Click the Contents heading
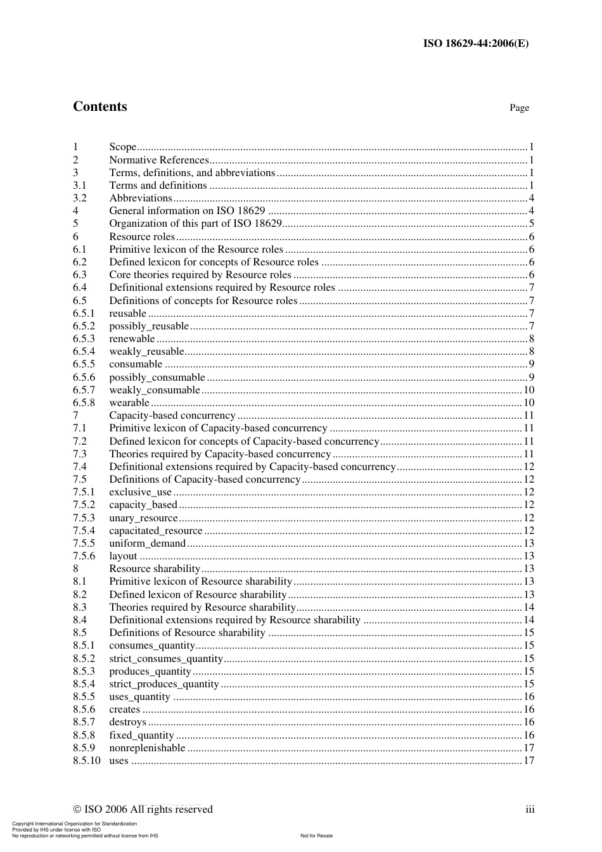tap(99, 106)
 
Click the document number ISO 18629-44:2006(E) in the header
tap(475, 43)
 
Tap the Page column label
tap(519, 108)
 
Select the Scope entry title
tap(122, 147)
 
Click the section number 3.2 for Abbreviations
tap(79, 198)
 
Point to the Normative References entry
tap(158, 160)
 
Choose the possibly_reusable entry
tap(149, 326)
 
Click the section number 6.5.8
tap(84, 403)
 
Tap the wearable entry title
tap(129, 403)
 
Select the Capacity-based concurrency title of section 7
tap(172, 416)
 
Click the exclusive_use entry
tap(140, 492)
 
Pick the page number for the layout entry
tap(528, 556)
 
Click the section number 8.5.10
tap(86, 761)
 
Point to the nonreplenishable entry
tap(147, 748)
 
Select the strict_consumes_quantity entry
tap(166, 659)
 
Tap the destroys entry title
tap(127, 722)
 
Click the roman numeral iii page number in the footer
tap(530, 809)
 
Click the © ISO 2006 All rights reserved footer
tap(143, 809)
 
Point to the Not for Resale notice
tap(316, 836)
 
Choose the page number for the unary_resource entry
tap(528, 518)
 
